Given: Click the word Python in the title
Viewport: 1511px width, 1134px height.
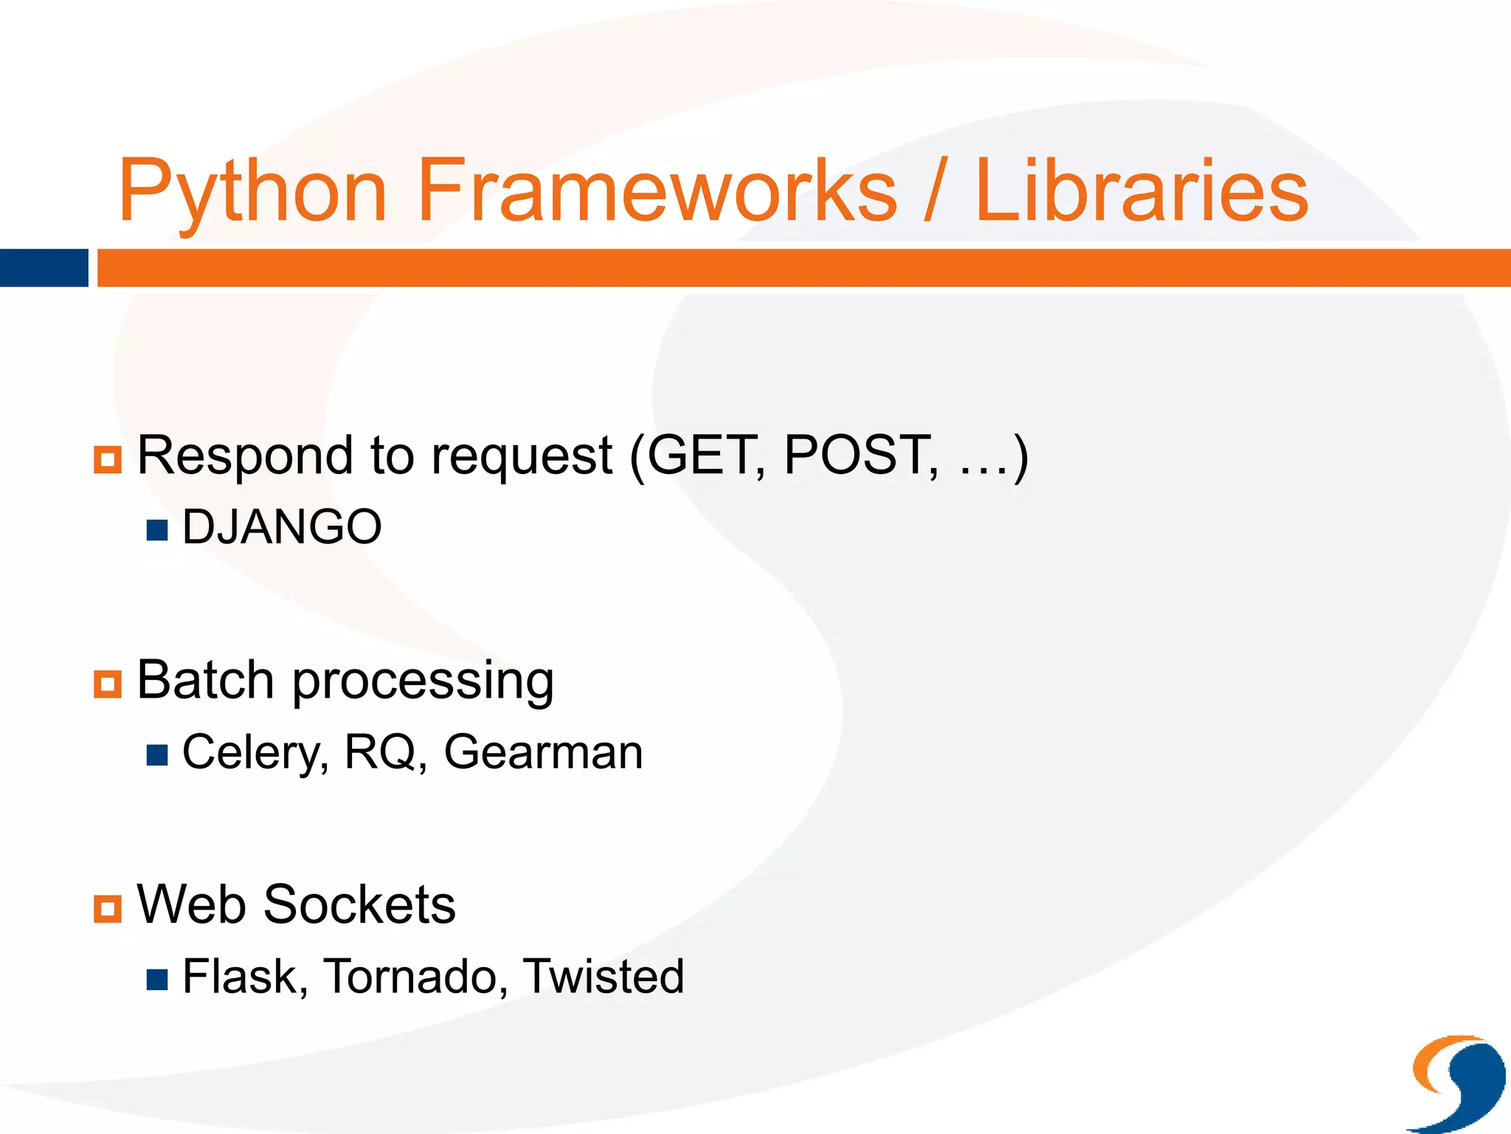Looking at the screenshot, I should pyautogui.click(x=252, y=192).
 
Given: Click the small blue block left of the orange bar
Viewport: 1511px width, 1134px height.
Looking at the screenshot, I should pyautogui.click(x=44, y=268).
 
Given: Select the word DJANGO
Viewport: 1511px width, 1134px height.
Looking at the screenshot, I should pyautogui.click(x=282, y=527).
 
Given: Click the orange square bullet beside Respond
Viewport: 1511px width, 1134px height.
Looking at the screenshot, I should pyautogui.click(x=108, y=459).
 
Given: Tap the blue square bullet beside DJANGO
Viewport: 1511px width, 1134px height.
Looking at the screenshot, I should pyautogui.click(x=157, y=530).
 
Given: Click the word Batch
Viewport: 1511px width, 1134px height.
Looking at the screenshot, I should pyautogui.click(x=206, y=680).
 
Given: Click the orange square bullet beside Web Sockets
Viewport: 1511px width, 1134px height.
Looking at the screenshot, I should pyautogui.click(x=108, y=909).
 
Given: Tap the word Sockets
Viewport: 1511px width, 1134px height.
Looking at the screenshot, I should pyautogui.click(x=359, y=905).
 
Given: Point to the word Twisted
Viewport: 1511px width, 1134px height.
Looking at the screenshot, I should pyautogui.click(x=604, y=977).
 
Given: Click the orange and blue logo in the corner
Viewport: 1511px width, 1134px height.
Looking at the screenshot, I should pyautogui.click(x=1457, y=1082).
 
